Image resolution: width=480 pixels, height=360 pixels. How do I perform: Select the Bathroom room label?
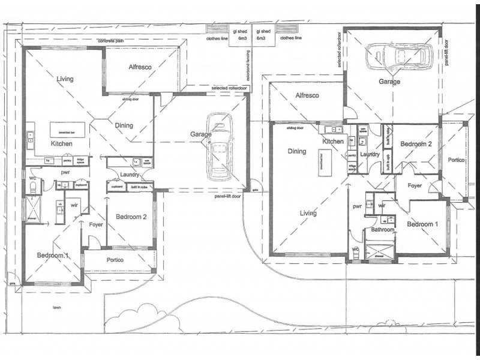(x=382, y=229)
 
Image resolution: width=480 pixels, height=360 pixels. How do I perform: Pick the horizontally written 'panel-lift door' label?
(x=229, y=196)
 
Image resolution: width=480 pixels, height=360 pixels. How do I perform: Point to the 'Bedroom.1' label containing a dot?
(x=53, y=256)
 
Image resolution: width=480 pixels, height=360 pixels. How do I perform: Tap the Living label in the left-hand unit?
(x=65, y=79)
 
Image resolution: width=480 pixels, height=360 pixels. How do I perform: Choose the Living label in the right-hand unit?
(x=309, y=213)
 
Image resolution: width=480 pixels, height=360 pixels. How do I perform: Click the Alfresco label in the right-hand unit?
(x=307, y=95)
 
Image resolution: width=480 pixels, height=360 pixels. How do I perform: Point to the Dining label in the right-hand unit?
(x=297, y=151)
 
